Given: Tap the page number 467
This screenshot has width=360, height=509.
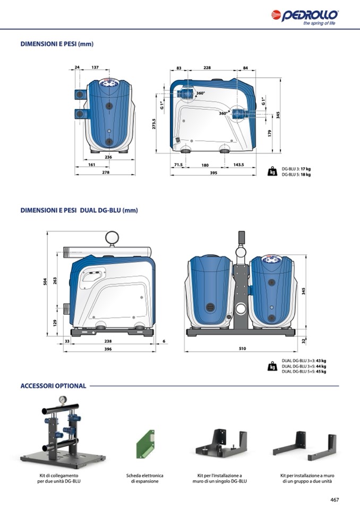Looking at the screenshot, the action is click(x=335, y=499).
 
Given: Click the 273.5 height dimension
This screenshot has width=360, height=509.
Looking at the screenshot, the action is click(x=154, y=124).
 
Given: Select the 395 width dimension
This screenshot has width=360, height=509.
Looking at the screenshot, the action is click(x=213, y=172).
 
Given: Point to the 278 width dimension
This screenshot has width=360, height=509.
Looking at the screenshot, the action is click(x=106, y=172).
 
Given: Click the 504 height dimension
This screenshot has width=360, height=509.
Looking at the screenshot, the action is click(x=45, y=281).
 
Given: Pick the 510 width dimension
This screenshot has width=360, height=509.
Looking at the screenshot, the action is click(x=242, y=348).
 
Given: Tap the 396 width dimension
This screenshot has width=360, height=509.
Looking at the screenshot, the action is click(x=108, y=349).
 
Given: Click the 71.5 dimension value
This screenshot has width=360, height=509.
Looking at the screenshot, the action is click(x=178, y=165).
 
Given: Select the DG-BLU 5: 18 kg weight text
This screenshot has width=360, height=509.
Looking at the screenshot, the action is click(x=296, y=174).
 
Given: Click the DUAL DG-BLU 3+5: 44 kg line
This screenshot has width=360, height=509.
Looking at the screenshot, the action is click(x=304, y=366).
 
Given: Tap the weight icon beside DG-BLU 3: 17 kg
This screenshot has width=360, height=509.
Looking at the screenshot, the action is click(x=272, y=171).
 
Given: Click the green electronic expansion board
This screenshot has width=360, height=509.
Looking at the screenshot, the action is click(x=145, y=444).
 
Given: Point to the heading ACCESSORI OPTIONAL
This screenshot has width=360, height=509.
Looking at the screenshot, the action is click(x=53, y=386).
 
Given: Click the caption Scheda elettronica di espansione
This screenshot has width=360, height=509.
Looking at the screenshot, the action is click(x=145, y=478).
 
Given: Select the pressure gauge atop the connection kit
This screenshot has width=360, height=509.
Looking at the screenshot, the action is click(x=62, y=400).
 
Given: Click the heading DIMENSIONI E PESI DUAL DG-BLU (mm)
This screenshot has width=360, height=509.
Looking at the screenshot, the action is click(x=79, y=210).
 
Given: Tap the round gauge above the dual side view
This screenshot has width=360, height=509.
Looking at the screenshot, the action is click(x=112, y=237).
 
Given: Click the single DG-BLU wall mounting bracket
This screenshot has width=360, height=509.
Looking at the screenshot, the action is click(x=221, y=443).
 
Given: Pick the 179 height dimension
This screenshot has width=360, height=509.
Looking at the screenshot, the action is click(x=269, y=133).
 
